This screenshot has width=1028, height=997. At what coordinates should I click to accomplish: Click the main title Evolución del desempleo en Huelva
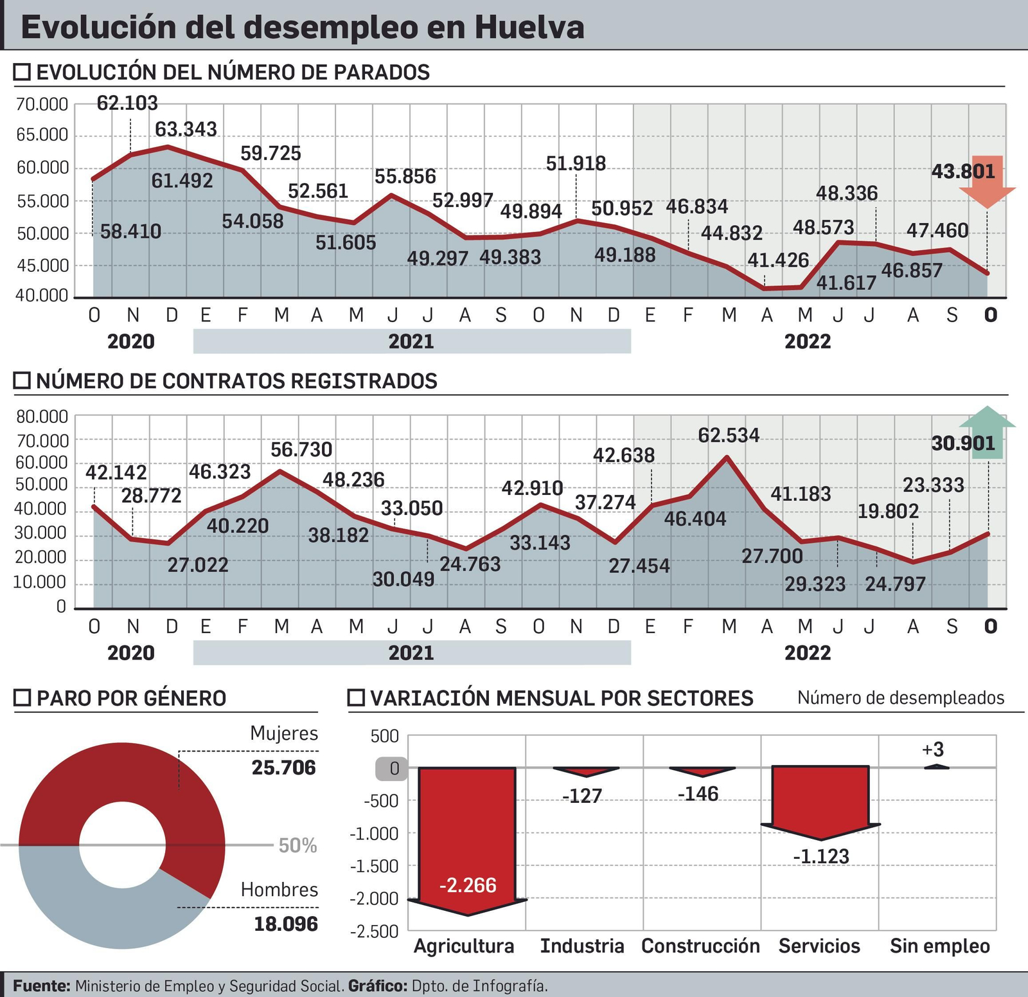pos(302,27)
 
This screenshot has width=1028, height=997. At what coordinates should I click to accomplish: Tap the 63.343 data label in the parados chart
pos(186,129)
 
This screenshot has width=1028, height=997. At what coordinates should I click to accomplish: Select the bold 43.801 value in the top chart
pos(962,172)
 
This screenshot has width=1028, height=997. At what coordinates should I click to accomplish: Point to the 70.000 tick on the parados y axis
pos(42,104)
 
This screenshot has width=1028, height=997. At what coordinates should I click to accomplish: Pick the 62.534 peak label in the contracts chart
pos(729,436)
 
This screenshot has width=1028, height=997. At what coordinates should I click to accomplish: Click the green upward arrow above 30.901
pos(987,431)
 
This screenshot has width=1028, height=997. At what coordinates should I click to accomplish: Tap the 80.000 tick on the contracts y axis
pos(42,417)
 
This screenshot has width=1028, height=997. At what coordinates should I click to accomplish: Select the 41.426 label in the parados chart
pos(777,260)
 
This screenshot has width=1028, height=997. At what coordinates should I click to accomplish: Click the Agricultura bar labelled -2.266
pos(467,836)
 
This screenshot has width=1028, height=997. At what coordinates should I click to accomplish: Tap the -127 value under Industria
pos(582,796)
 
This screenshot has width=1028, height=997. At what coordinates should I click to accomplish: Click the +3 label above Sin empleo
pos(933,750)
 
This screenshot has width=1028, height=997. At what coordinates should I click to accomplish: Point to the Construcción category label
pos(700,946)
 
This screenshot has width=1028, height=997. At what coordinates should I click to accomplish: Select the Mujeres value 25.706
pos(283,768)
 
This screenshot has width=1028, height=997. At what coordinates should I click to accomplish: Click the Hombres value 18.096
pos(285,924)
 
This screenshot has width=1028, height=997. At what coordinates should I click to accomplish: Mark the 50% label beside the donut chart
pos(297,846)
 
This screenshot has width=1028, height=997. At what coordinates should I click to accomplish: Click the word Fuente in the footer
pos(41,986)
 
